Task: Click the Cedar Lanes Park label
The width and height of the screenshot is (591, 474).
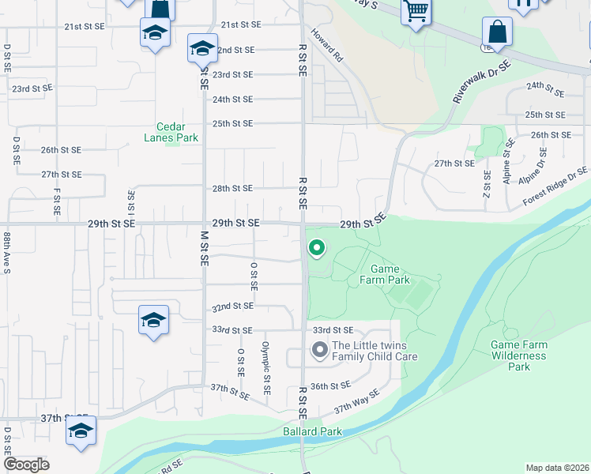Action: pyautogui.click(x=171, y=132)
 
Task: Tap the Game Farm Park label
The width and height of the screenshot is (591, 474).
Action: pyautogui.click(x=385, y=274)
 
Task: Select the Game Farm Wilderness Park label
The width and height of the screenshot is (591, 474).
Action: pyautogui.click(x=518, y=355)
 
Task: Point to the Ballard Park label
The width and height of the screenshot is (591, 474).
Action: pyautogui.click(x=313, y=432)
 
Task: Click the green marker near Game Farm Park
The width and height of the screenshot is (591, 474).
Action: pyautogui.click(x=317, y=249)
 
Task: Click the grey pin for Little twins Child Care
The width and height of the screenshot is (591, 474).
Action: pyautogui.click(x=319, y=349)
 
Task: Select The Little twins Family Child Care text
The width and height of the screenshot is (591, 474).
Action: pyautogui.click(x=374, y=351)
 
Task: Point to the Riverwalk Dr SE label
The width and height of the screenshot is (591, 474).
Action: pyautogui.click(x=479, y=85)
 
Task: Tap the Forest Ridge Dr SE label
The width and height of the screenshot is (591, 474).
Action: pyautogui.click(x=555, y=187)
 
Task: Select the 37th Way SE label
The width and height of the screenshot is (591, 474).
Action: pyautogui.click(x=356, y=401)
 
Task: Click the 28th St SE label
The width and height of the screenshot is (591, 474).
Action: pyautogui.click(x=232, y=189)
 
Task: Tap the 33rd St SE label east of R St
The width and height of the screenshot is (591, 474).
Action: pyautogui.click(x=332, y=329)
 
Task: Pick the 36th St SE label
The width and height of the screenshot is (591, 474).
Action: pyautogui.click(x=330, y=386)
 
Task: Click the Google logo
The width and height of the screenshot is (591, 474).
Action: pyautogui.click(x=26, y=465)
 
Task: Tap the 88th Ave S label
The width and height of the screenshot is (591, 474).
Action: pyautogui.click(x=6, y=252)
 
